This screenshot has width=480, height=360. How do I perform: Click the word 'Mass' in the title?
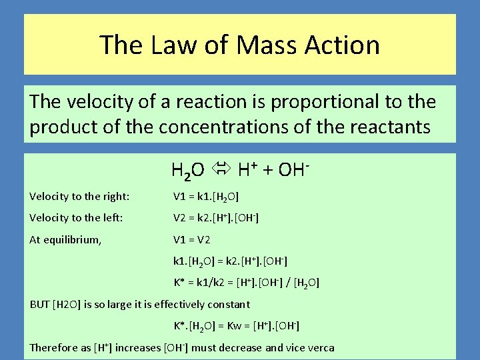(265, 45)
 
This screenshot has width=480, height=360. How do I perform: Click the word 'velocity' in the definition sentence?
(93, 102)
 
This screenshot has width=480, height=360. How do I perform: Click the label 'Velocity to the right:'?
(79, 196)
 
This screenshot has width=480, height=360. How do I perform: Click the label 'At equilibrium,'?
(66, 239)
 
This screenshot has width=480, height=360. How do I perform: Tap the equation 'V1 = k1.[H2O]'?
(206, 196)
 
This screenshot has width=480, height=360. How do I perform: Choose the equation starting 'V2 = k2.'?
(216, 217)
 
